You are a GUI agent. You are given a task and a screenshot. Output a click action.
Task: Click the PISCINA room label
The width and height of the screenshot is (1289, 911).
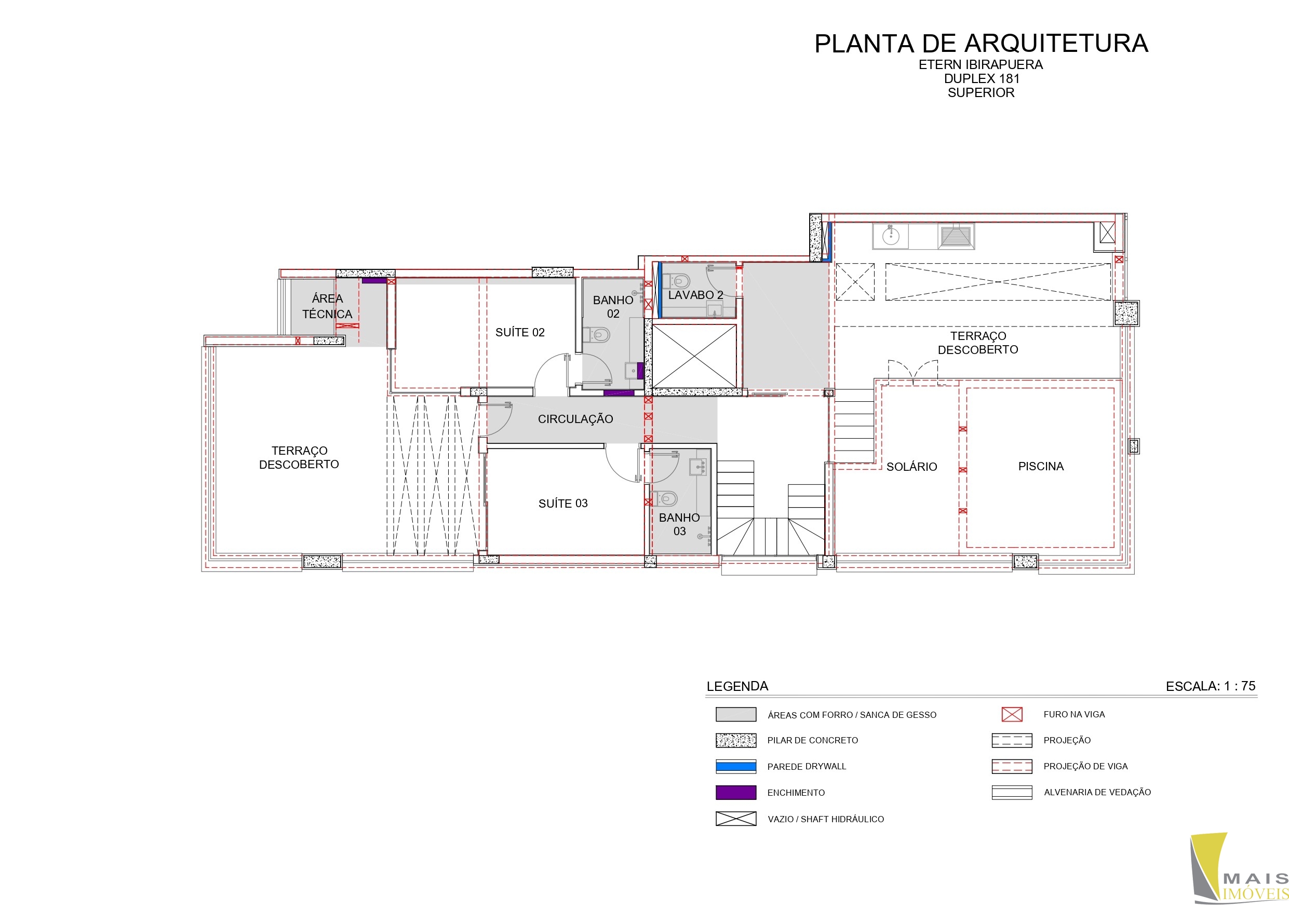[x=1041, y=467]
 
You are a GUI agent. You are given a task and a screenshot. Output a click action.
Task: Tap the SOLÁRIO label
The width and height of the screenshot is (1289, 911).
[x=912, y=467]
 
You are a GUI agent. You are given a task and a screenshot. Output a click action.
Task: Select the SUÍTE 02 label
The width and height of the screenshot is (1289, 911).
[x=520, y=332]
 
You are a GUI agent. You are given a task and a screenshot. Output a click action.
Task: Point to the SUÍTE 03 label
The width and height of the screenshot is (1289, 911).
[x=563, y=504]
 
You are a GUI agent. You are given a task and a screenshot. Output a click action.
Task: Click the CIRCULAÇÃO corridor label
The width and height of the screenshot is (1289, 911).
[x=575, y=419]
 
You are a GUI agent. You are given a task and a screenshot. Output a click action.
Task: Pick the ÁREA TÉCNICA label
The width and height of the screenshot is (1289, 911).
[x=327, y=306]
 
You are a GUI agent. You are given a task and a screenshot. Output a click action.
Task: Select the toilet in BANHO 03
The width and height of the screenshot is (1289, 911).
[x=665, y=498]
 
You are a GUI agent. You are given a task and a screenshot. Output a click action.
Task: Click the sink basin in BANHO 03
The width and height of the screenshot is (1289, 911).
[x=698, y=467]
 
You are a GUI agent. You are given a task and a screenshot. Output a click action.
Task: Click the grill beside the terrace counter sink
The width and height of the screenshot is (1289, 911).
[x=955, y=236]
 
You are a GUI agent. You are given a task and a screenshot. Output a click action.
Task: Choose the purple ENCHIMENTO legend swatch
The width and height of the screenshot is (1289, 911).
[x=736, y=793]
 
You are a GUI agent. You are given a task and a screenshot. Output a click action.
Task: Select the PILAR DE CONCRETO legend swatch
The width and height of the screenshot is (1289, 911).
[x=736, y=740]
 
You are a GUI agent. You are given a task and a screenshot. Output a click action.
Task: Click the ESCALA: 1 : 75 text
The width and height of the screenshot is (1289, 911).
[x=1211, y=686]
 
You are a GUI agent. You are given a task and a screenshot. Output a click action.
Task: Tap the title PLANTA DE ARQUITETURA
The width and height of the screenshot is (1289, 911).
[x=982, y=44]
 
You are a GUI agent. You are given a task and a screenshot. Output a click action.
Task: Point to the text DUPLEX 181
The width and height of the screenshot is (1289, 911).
[x=982, y=78]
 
